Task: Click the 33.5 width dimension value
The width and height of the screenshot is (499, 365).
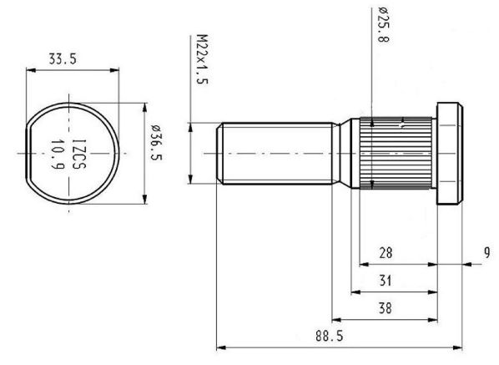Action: pos(63,59)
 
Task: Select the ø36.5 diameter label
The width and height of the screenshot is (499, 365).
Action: pos(157,142)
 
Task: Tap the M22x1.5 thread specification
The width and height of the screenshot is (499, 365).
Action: pos(202,59)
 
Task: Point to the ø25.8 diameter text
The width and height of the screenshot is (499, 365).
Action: pos(384,25)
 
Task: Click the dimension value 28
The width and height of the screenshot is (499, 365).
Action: pos(386,253)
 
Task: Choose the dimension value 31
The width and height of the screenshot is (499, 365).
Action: pos(386,281)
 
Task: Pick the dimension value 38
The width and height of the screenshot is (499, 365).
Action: pos(385,308)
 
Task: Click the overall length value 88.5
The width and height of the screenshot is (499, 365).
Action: pos(330,336)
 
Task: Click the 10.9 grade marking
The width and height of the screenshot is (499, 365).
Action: pos(58,155)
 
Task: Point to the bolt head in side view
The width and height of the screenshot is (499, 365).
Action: pos(450,154)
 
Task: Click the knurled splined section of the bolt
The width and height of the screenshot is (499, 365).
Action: pos(396,153)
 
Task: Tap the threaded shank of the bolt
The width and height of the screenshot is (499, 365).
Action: pos(276,154)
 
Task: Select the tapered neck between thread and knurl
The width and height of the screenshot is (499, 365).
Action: pos(341,154)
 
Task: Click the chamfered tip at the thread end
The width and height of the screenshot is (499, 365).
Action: pos(219,154)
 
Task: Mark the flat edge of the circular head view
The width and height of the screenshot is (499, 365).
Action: pos(27,154)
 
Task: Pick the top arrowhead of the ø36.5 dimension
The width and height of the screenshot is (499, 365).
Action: pos(145,108)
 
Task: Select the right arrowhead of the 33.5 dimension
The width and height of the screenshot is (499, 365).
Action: pos(114,70)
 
